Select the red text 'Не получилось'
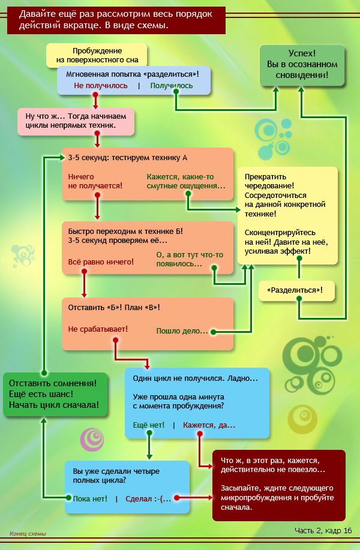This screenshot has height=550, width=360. tap(101, 86)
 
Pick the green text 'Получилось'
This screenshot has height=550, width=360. tap(172, 86)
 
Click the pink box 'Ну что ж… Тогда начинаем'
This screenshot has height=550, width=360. tap(76, 121)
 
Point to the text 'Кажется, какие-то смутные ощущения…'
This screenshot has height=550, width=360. tap(186, 181)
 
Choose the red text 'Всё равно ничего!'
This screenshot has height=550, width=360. tap(101, 262)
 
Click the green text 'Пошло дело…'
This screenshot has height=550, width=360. tap(182, 330)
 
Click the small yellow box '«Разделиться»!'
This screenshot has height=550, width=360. tap(296, 290)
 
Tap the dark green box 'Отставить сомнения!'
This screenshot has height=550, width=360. tap(55, 394)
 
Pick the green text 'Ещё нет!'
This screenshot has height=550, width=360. tap(149, 425)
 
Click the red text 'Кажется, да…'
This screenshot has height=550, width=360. tap(209, 425)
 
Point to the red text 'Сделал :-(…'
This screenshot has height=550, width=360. tap(148, 498)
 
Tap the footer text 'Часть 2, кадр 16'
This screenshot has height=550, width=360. tap(323, 530)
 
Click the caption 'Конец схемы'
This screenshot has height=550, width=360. tap(28, 534)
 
